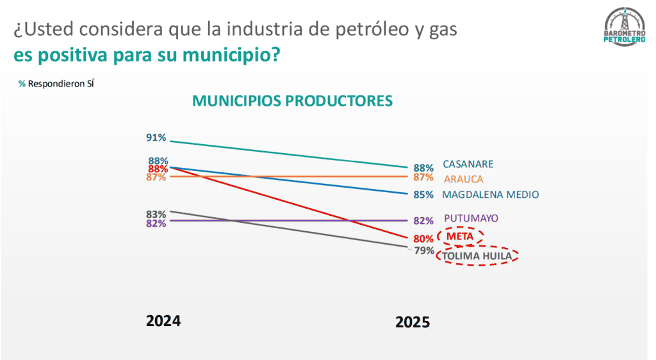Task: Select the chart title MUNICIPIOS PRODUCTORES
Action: point(292,101)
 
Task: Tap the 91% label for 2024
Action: point(156,138)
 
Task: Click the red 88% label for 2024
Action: point(158,169)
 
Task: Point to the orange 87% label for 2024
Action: point(156,177)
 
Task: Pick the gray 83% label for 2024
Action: point(156,214)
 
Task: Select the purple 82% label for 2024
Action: point(156,224)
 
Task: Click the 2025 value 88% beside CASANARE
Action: point(423,168)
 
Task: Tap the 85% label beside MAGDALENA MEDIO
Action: point(423,195)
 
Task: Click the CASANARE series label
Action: point(468,164)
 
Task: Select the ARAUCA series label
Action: point(463,179)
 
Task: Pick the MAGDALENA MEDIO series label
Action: point(491,195)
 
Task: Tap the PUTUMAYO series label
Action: point(471,218)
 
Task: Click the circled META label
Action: point(460,236)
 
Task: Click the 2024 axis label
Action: point(163,321)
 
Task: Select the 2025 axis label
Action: point(413,323)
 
